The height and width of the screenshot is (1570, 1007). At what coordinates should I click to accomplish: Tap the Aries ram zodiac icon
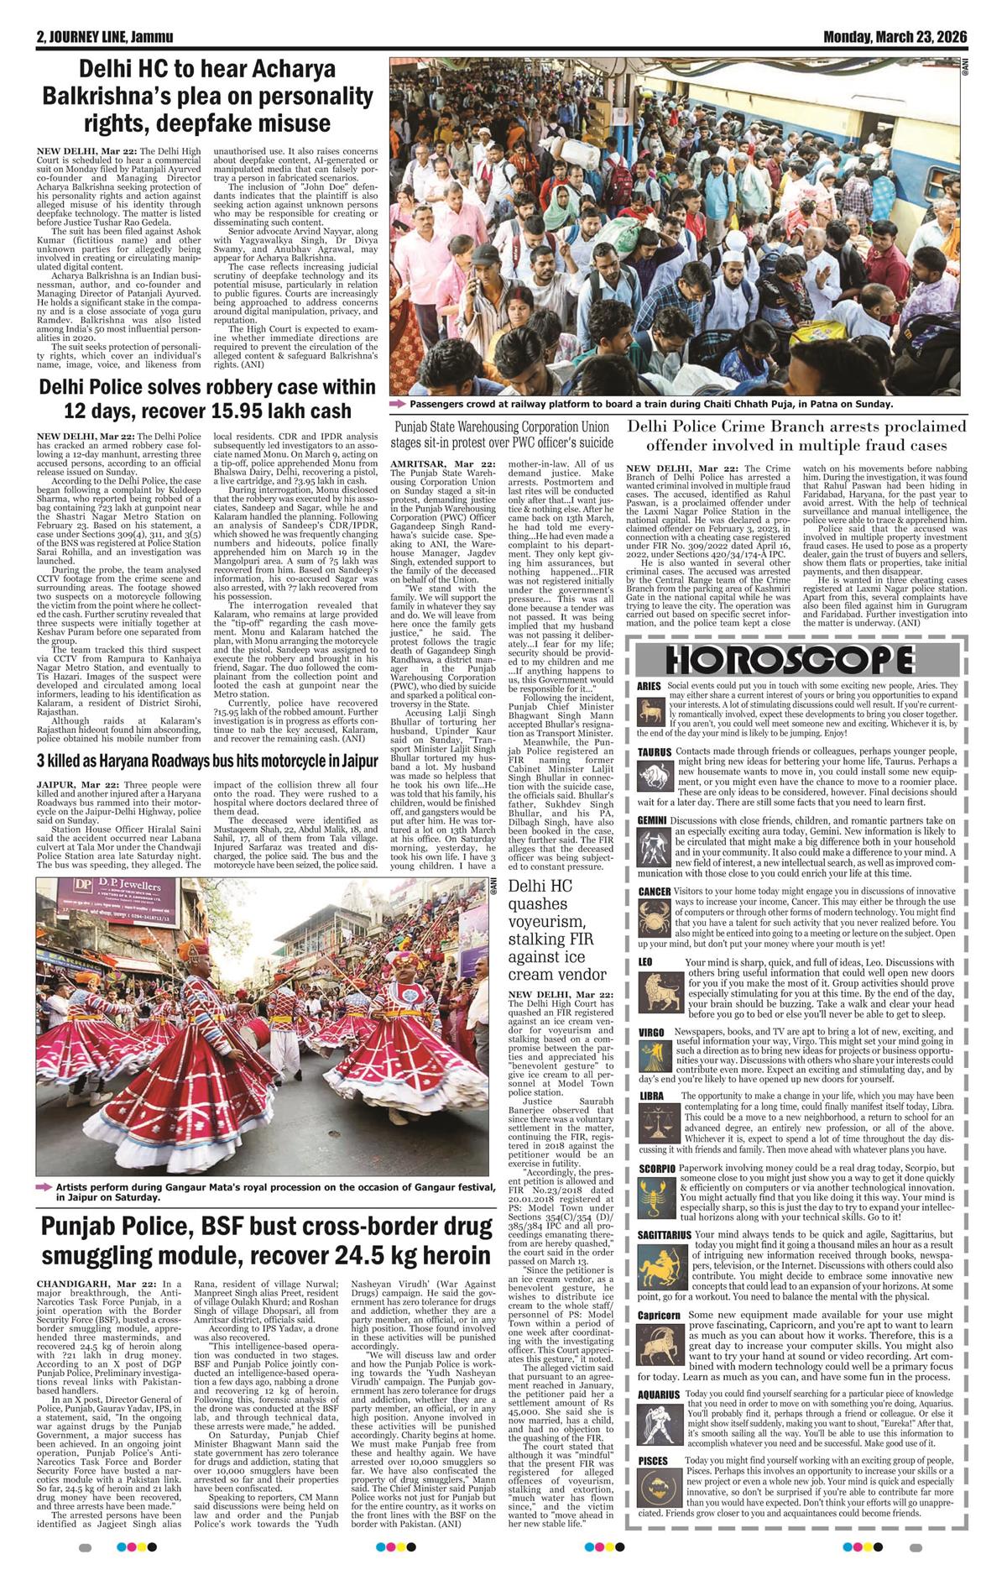coord(649,714)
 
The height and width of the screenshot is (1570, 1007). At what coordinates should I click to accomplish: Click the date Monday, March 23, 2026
coord(895,37)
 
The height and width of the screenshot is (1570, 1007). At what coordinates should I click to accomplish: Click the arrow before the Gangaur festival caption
coord(44,1188)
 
